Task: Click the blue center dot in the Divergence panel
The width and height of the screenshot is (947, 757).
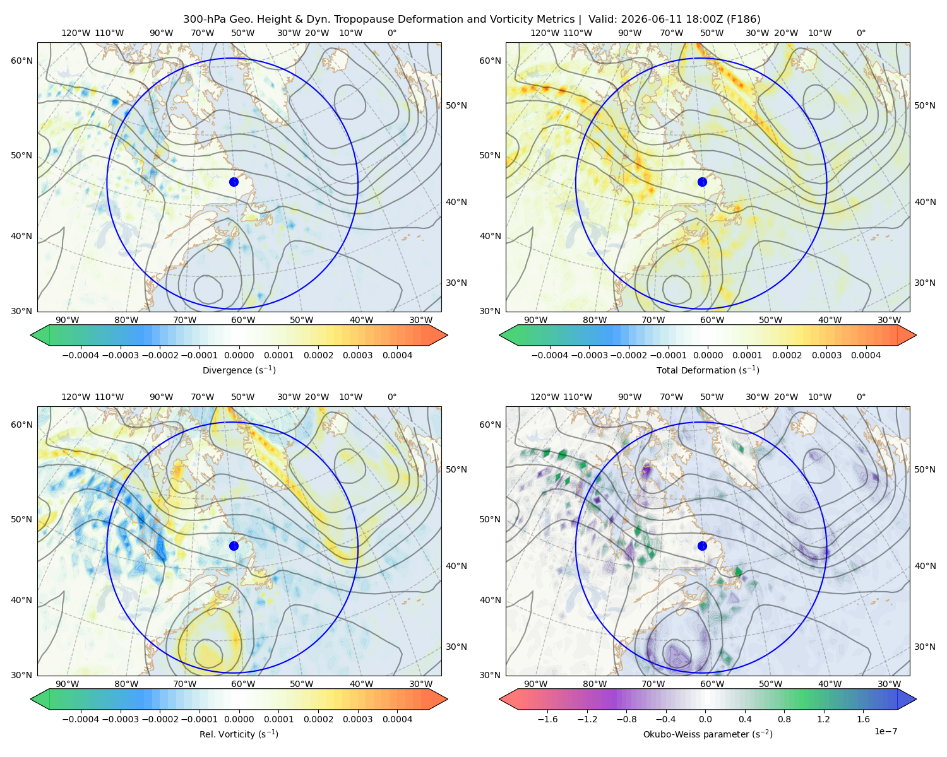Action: point(234,182)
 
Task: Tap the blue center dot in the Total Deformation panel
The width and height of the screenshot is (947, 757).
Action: point(702,182)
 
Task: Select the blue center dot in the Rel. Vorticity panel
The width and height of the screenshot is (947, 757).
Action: point(234,546)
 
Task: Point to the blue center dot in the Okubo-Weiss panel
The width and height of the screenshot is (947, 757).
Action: point(702,546)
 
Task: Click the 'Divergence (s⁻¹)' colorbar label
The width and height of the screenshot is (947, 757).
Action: point(239,370)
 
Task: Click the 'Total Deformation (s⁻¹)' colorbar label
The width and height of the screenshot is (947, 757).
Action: point(708,370)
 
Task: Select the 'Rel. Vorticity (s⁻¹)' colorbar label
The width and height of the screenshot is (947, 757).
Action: point(239,734)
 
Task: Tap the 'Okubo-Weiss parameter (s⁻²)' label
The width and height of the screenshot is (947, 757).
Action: point(708,734)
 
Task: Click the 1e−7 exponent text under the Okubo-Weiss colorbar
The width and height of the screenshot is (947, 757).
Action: point(885,731)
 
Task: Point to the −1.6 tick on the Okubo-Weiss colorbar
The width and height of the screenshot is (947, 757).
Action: point(547,719)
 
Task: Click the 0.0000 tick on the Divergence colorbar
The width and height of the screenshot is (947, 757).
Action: point(239,355)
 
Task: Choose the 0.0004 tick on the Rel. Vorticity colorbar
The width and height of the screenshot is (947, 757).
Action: point(397,719)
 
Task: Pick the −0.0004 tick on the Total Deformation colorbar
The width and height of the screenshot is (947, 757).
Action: point(550,355)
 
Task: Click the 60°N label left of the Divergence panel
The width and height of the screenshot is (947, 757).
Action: point(21,61)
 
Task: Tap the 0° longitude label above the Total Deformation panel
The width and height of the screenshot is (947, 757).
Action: point(861,33)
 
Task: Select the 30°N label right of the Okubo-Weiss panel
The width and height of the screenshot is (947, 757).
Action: point(925,646)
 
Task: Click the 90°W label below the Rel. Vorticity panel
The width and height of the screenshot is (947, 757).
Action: point(68,684)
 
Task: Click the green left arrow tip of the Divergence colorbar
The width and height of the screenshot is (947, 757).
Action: point(31,335)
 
